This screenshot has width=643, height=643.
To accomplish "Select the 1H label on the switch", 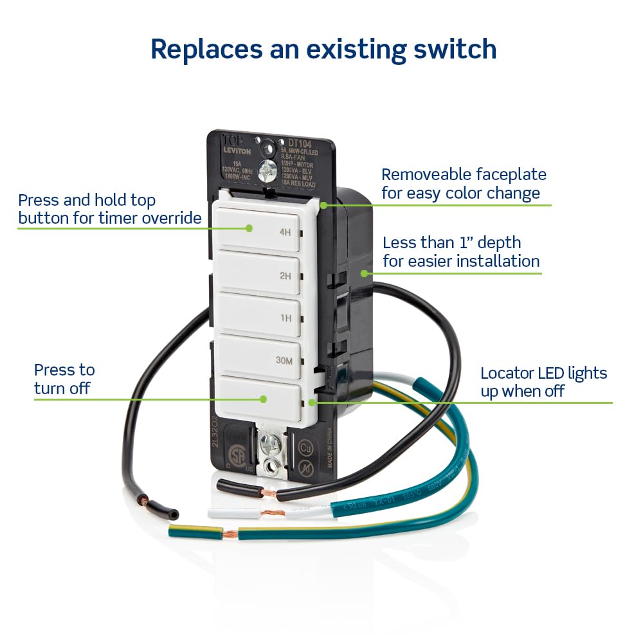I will tap(285, 318).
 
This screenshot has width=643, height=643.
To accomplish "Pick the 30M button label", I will tap(284, 361).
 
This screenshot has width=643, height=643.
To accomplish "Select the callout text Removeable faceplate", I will tap(463, 174).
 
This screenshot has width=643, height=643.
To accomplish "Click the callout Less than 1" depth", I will tap(451, 242).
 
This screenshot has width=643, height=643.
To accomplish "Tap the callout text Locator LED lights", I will tap(543, 373).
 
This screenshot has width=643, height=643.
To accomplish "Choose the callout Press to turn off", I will tap(64, 379).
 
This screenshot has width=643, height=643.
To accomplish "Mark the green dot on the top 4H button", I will tap(249, 228).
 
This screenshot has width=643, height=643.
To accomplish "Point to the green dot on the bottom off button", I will tap(262, 399).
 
